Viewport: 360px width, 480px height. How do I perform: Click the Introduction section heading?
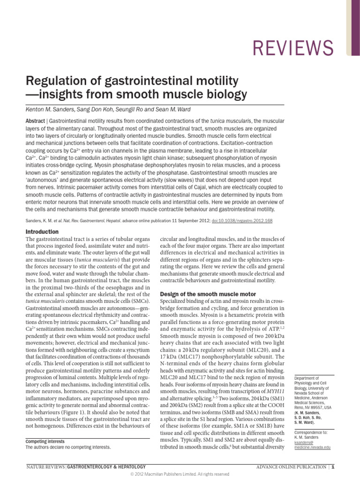42,232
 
